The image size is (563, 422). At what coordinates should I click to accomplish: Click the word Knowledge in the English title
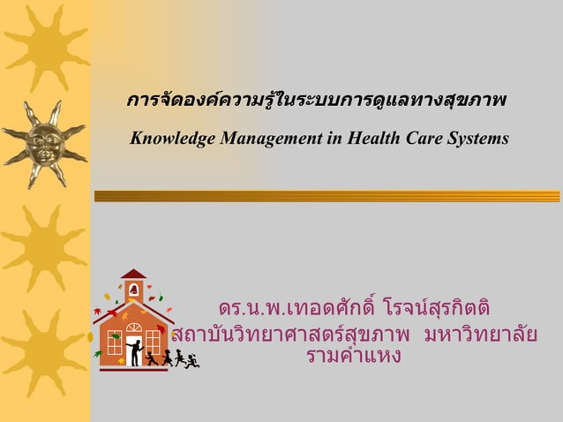[x=168, y=139]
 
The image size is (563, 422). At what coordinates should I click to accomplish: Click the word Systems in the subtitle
[x=477, y=139]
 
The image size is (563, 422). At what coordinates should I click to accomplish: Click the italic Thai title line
[x=315, y=103]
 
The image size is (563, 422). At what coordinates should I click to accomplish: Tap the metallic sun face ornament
[x=43, y=141]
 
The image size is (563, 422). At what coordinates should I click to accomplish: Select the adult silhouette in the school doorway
[x=135, y=351]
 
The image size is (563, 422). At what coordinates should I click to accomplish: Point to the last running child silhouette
[x=191, y=359]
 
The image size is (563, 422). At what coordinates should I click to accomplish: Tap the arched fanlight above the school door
[x=133, y=328]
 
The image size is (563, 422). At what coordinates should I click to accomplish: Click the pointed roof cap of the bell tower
[x=133, y=274]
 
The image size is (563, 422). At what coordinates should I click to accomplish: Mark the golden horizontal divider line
[x=327, y=196]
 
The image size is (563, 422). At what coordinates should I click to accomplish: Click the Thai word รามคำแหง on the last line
[x=353, y=357]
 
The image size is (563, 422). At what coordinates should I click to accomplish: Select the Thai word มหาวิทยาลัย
[x=481, y=335]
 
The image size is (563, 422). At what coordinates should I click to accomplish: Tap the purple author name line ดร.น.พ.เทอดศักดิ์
[x=353, y=311]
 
